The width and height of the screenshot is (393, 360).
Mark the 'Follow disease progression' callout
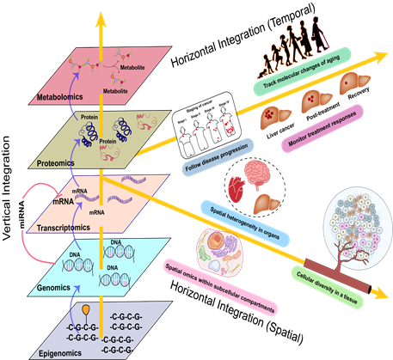point(226,160)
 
